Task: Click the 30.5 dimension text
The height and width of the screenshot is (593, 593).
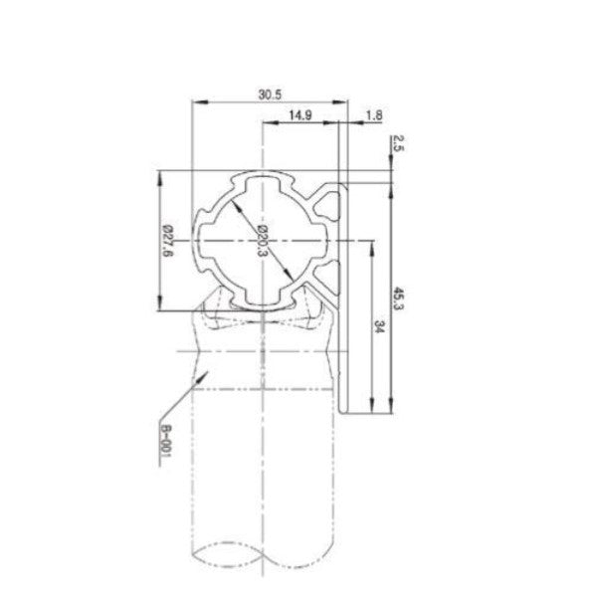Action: click(x=269, y=95)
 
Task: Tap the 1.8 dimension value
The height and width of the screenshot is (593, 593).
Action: click(x=373, y=116)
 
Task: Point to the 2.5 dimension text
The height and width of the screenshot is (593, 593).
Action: click(x=397, y=141)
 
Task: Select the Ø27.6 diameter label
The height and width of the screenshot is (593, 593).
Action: click(x=168, y=242)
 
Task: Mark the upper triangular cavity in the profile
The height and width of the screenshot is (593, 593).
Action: click(x=326, y=206)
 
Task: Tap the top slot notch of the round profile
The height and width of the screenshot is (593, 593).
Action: click(x=263, y=181)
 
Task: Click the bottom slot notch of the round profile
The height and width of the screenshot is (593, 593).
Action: click(x=263, y=298)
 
